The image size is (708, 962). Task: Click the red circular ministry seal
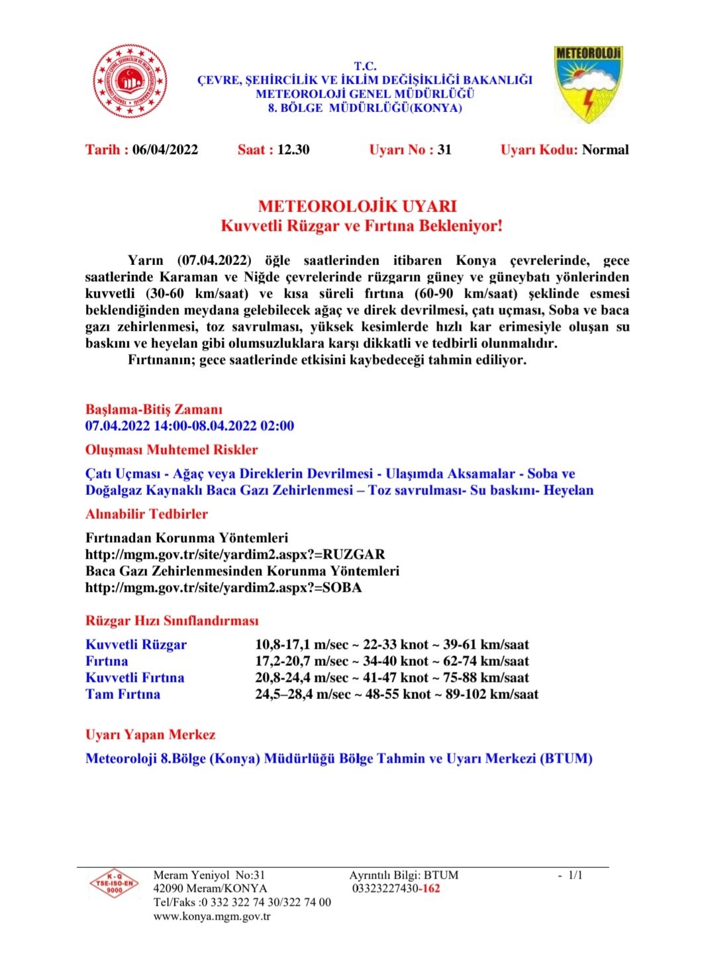click(x=129, y=81)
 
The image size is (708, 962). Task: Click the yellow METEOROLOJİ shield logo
click(x=588, y=83)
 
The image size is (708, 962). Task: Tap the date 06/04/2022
click(x=165, y=150)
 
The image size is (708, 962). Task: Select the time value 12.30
click(x=293, y=150)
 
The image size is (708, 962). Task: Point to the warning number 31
click(x=444, y=150)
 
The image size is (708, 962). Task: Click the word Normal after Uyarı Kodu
click(x=605, y=150)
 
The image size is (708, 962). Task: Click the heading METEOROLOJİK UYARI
click(x=357, y=206)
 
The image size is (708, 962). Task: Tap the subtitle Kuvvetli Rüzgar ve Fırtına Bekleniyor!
click(x=361, y=226)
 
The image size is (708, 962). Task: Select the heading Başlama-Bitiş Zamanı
click(x=154, y=409)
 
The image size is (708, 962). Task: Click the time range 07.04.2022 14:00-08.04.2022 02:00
click(x=189, y=426)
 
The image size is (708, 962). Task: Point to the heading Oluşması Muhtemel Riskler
click(x=171, y=450)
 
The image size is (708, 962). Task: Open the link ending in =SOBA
click(x=223, y=588)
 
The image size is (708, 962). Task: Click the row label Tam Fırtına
click(x=123, y=694)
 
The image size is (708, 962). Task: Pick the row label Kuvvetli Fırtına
click(x=134, y=678)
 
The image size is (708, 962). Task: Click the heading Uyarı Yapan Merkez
click(x=150, y=735)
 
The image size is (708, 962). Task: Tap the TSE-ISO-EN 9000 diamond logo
click(x=114, y=884)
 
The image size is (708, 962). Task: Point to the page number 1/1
click(x=575, y=875)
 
